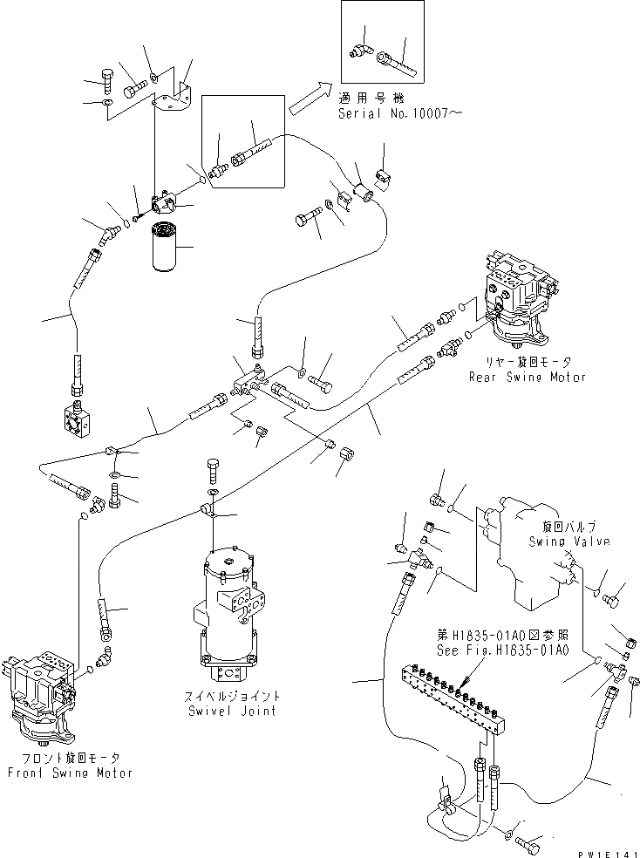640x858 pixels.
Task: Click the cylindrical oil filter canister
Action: point(163,248)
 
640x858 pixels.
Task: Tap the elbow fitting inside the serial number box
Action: point(358,53)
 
